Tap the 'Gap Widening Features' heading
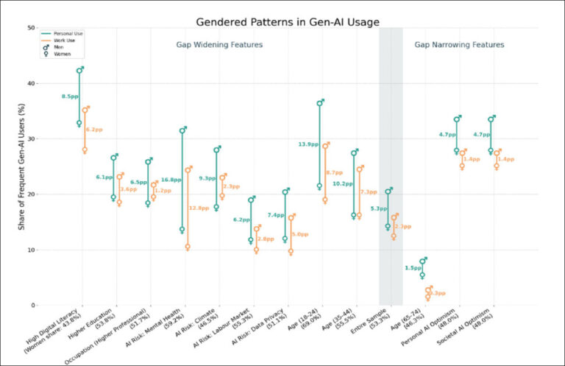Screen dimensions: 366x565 point(219,45)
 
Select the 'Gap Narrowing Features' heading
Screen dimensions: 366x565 point(459,45)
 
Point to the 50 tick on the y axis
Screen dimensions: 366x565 point(32,28)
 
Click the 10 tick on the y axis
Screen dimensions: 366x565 point(32,250)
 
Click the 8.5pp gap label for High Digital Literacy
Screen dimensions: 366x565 point(69,96)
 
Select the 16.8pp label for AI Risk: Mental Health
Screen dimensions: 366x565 point(171,180)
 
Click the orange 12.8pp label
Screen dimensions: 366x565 point(199,208)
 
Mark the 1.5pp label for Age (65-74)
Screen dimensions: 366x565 point(413,268)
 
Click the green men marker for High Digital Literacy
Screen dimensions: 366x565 point(79,70)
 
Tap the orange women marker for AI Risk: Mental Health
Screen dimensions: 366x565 point(188,247)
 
